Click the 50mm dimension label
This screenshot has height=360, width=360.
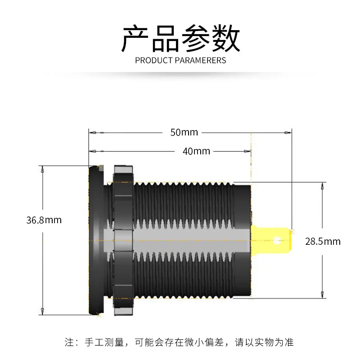click(184, 132)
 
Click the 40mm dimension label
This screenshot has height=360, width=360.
click(196, 151)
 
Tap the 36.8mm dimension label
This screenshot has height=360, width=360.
click(44, 220)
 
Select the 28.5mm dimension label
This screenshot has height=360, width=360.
click(323, 242)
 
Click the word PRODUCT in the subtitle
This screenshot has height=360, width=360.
click(154, 60)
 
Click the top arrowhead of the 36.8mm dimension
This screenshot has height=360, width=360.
click(42, 170)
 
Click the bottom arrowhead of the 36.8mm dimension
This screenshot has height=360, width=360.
click(42, 311)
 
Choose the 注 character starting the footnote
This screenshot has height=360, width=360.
click(69, 342)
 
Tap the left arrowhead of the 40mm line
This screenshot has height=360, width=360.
click(93, 151)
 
